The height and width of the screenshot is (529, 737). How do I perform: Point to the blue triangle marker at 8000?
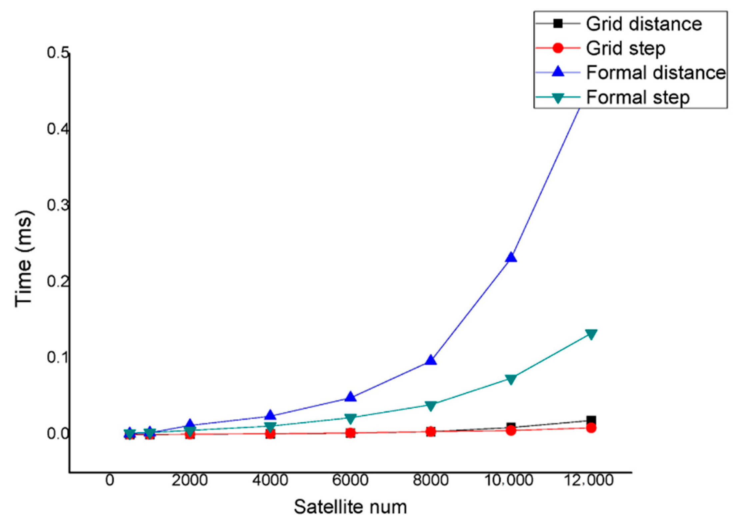pyautogui.click(x=431, y=361)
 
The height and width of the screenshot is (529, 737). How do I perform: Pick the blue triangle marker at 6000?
pyautogui.click(x=350, y=397)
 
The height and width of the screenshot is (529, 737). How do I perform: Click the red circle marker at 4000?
pyautogui.click(x=270, y=434)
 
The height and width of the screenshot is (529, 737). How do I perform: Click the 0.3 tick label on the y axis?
pyautogui.click(x=58, y=205)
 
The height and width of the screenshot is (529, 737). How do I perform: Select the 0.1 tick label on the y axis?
pyautogui.click(x=58, y=357)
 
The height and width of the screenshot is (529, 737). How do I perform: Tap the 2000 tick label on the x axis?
pyautogui.click(x=190, y=481)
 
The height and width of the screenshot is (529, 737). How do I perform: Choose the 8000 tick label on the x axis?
pyautogui.click(x=431, y=481)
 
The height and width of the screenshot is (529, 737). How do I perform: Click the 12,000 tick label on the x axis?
pyautogui.click(x=589, y=481)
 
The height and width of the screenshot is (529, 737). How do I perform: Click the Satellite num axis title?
pyautogui.click(x=350, y=507)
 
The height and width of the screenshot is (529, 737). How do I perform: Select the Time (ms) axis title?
pyautogui.click(x=24, y=258)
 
